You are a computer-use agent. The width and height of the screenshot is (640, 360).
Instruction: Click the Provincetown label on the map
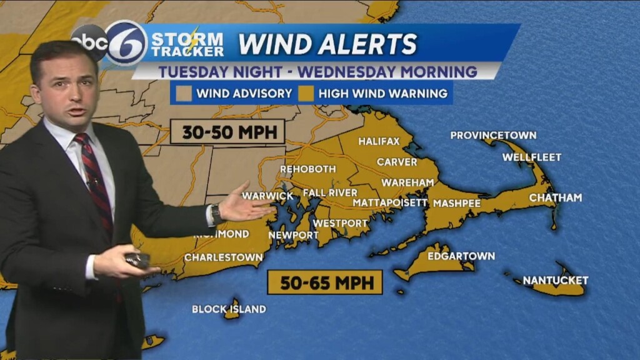tap(493, 135)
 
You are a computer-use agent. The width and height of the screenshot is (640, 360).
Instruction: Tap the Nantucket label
tap(556, 280)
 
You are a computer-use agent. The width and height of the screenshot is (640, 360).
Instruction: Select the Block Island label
tap(229, 309)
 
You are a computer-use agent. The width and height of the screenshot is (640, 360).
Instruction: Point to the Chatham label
tap(555, 197)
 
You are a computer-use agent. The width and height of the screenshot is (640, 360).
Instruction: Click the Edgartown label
tap(461, 256)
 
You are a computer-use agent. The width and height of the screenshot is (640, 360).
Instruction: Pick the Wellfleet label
tap(532, 157)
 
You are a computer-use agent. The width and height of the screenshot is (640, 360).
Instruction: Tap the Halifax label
tap(379, 141)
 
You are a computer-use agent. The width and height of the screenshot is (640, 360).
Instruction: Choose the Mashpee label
tap(457, 203)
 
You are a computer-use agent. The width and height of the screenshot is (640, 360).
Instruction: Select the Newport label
tap(294, 235)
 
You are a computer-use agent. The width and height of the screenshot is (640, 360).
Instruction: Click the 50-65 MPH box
tap(324, 282)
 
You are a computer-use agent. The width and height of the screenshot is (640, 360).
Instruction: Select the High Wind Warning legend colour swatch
tap(304, 94)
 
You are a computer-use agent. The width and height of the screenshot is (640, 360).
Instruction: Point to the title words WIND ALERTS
tap(327, 44)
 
